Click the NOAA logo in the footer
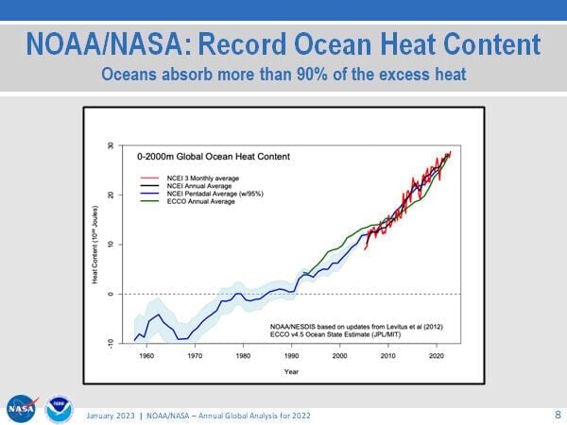point(59,408)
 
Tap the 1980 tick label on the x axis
point(243,355)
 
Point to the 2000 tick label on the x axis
point(339,355)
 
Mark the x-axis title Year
point(292,371)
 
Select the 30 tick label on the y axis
point(111,146)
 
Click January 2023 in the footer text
point(111,416)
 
